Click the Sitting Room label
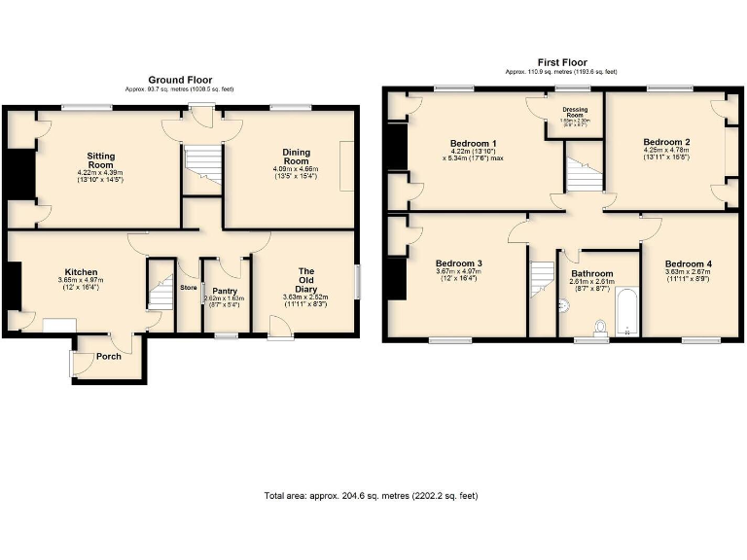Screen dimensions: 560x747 tap(102, 160)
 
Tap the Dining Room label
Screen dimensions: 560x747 tap(296, 157)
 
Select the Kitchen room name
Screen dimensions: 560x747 tap(81, 271)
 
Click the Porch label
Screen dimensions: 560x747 tap(109, 357)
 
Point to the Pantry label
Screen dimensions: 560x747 tap(225, 291)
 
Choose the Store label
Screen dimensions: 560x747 tap(188, 287)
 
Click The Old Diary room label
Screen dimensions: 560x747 tap(306, 279)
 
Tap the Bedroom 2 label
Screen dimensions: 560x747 tap(666, 142)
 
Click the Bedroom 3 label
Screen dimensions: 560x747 tap(459, 263)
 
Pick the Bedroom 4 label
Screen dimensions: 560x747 tap(688, 263)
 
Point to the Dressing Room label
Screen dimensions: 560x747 tap(574, 115)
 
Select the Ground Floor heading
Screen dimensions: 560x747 tap(180, 80)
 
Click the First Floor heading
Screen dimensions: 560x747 tap(562, 61)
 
